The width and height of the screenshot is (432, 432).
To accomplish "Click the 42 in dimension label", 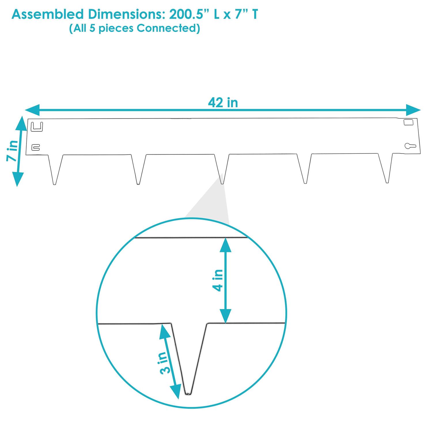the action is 223,103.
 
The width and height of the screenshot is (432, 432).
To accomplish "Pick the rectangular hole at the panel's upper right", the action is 408,122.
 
